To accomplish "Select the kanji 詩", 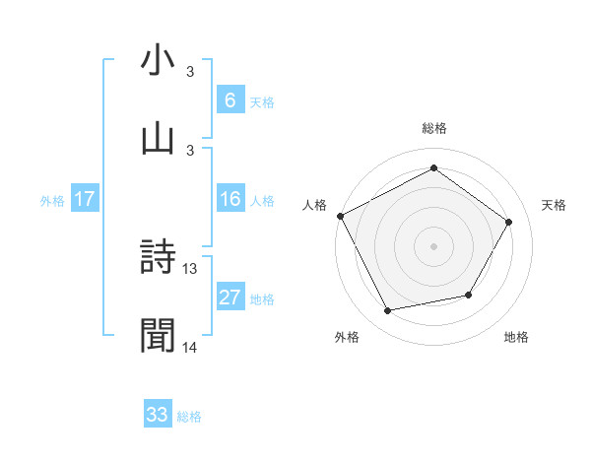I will [x=158, y=258].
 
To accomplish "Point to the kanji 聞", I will [x=158, y=335].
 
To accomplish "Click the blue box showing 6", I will [x=230, y=100].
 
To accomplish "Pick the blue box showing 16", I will [x=230, y=200].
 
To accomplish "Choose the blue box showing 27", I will [x=230, y=298].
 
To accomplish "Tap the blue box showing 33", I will [x=158, y=415].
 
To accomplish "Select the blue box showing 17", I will [x=84, y=200].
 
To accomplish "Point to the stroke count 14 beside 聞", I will [x=190, y=347].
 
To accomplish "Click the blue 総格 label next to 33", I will [x=189, y=417].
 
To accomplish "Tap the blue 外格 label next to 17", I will [x=52, y=201].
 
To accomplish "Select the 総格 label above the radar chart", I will [x=434, y=128].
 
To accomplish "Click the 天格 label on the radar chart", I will [x=555, y=205].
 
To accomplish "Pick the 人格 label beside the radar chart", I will [x=315, y=205].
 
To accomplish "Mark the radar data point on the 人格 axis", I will [x=340, y=216].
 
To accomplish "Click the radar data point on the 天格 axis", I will [x=508, y=222].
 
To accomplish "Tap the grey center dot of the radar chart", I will [x=433, y=245].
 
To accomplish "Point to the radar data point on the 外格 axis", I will [x=388, y=311].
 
